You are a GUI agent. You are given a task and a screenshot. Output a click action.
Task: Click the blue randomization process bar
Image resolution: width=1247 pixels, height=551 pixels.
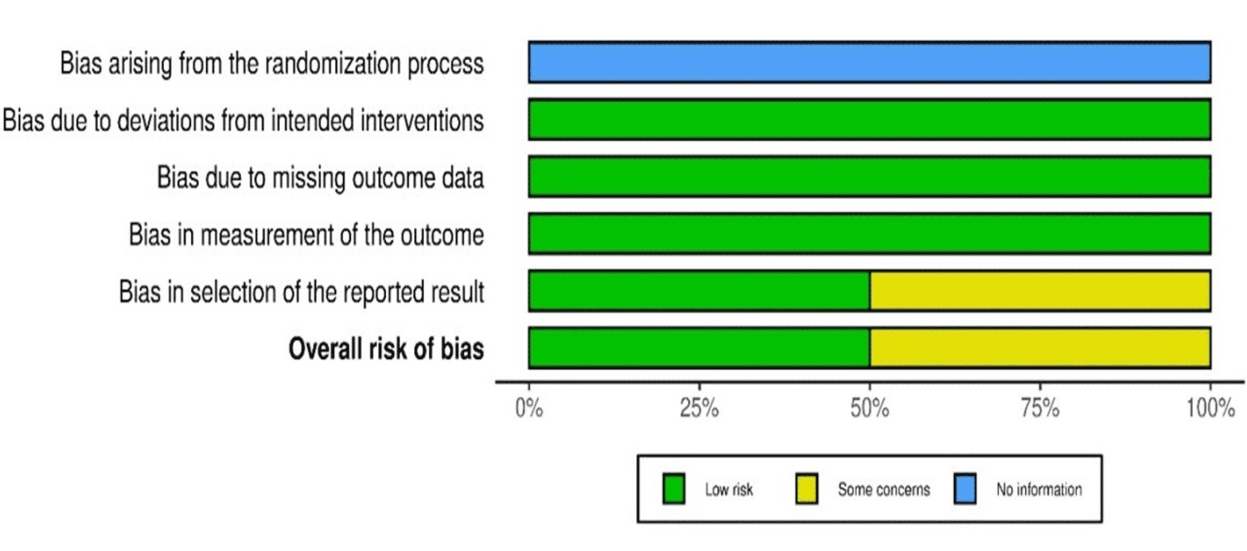(x=870, y=62)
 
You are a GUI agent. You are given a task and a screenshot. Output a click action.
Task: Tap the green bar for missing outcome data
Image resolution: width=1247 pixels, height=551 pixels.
(x=870, y=177)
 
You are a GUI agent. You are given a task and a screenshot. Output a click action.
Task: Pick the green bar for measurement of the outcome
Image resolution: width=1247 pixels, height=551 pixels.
(x=870, y=234)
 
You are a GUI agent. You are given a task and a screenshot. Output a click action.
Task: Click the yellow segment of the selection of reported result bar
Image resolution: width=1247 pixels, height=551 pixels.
(x=1040, y=291)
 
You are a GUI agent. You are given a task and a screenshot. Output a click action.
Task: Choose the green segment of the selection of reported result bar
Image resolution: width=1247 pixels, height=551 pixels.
(x=699, y=291)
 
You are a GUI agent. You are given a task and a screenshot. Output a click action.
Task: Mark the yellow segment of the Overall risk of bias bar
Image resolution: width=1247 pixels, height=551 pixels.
(x=1040, y=348)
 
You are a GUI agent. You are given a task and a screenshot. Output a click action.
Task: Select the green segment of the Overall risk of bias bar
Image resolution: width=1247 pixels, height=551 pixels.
(x=699, y=348)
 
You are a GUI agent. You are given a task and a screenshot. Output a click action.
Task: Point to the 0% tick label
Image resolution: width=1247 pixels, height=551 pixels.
(x=529, y=408)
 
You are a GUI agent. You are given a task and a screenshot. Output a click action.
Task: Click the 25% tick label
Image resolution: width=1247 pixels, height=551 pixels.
(x=699, y=408)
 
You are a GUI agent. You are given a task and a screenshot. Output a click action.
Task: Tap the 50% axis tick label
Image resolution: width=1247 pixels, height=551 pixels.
(x=870, y=408)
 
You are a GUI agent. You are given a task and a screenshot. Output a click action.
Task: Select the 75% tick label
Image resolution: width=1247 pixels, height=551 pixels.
(x=1040, y=408)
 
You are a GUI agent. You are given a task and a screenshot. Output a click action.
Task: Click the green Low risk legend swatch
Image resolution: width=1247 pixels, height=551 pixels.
(x=673, y=489)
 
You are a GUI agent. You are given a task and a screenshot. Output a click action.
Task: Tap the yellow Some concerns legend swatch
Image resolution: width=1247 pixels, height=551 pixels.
(x=806, y=489)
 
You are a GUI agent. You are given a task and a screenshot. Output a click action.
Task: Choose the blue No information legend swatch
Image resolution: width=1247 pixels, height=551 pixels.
(x=965, y=489)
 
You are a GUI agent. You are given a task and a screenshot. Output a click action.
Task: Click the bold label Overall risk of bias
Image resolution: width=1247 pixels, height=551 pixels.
(x=386, y=348)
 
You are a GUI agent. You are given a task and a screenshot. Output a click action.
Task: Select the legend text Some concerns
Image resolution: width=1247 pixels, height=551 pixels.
(x=884, y=489)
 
